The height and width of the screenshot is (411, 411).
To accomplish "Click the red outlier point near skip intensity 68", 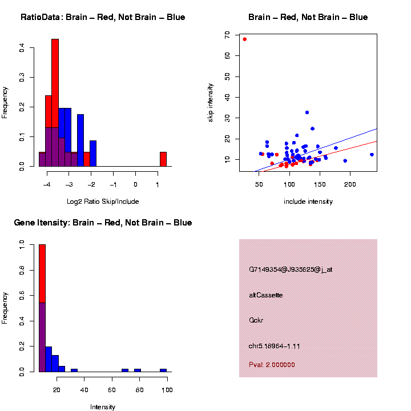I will pyautogui.click(x=244, y=39).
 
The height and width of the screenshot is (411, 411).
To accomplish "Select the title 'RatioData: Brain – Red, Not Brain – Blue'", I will pyautogui.click(x=103, y=17).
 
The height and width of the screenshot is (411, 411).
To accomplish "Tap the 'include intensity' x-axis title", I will pyautogui.click(x=308, y=202).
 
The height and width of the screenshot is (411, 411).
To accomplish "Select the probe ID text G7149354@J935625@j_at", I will pyautogui.click(x=291, y=269).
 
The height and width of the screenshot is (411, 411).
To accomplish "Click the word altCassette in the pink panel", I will pyautogui.click(x=265, y=295).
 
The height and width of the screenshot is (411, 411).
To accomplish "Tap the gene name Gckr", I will pyautogui.click(x=256, y=320).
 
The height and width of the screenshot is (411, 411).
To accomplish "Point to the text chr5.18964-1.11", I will pyautogui.click(x=275, y=346).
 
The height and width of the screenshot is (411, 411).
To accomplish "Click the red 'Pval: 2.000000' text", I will pyautogui.click(x=272, y=365).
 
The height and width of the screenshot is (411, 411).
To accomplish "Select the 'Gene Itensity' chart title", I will pyautogui.click(x=103, y=223).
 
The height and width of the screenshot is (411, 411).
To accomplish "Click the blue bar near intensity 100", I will pyautogui.click(x=163, y=370).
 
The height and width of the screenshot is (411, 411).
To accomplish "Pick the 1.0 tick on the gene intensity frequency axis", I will pyautogui.click(x=22, y=244).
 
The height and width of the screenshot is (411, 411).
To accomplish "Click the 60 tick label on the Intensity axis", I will pyautogui.click(x=112, y=390).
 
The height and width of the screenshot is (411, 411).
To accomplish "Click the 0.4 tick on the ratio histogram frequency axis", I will pyautogui.click(x=22, y=49).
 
